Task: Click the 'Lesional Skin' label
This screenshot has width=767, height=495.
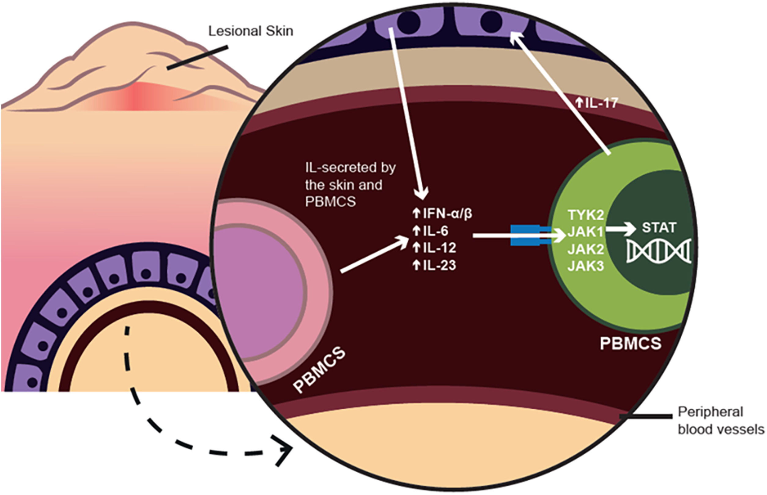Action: [251, 31]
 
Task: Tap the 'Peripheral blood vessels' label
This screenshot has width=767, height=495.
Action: [721, 420]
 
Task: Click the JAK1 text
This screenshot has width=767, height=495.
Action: [585, 232]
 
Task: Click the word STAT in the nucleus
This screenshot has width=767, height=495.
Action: [659, 228]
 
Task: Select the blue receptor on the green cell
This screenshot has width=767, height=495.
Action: [531, 236]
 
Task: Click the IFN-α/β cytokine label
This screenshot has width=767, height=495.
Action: [443, 213]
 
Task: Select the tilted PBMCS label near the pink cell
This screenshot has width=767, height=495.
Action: [319, 370]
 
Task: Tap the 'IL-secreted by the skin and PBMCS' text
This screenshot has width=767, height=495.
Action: [350, 184]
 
